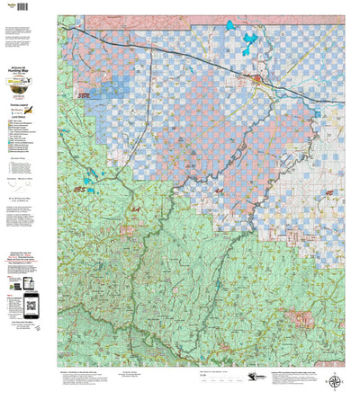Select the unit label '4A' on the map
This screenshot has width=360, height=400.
(x=220, y=191)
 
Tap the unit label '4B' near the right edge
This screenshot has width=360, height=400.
(x=329, y=192)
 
